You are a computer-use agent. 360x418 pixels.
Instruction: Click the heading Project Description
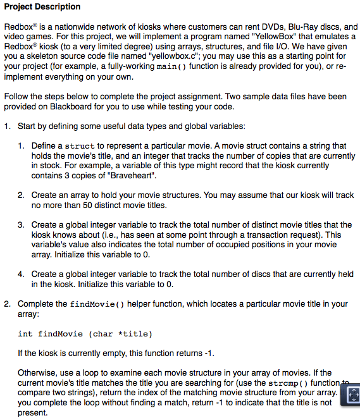(42, 7)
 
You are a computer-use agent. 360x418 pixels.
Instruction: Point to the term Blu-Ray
(302, 28)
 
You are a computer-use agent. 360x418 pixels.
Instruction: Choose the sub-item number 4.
(21, 274)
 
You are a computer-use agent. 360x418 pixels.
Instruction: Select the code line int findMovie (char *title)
(85, 333)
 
